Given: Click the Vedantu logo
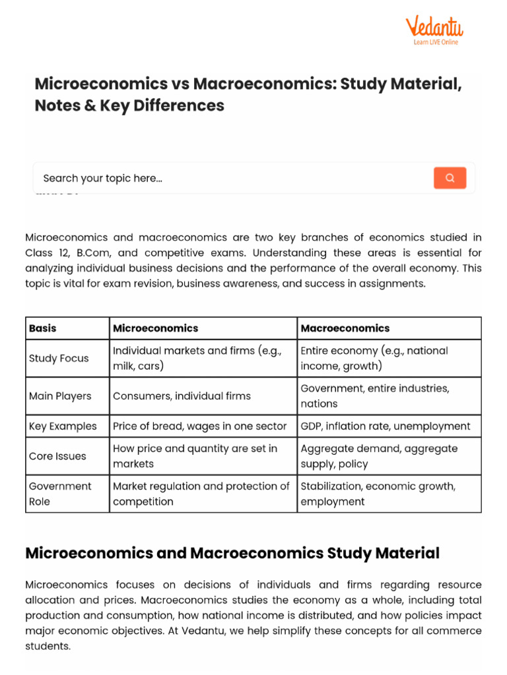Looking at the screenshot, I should tap(434, 27).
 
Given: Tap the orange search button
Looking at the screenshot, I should tap(450, 178).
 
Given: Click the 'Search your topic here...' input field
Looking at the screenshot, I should tap(231, 178).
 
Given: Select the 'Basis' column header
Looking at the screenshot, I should tap(43, 328).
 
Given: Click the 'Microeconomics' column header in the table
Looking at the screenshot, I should tap(156, 328).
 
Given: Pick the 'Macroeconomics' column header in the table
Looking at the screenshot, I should tap(345, 328).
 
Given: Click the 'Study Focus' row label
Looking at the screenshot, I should tap(59, 359).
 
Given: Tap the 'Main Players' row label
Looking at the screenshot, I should tap(60, 396).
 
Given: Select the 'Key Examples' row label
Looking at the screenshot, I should tap(63, 426).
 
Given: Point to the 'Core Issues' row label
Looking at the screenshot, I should tap(57, 456).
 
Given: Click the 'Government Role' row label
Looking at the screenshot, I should tap(60, 494).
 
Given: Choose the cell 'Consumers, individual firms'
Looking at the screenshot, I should tap(182, 396).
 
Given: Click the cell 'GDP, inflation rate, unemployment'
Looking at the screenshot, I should tap(386, 426).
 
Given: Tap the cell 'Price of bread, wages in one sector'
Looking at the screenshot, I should tap(200, 426).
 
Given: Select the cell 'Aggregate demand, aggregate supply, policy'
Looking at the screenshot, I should tap(379, 456).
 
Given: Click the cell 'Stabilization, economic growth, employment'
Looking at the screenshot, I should tap(378, 494).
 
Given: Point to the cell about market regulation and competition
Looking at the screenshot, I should tap(201, 494).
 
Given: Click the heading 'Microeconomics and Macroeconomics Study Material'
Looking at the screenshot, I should tap(232, 553).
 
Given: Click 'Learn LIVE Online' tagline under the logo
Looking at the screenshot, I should tap(436, 42).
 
